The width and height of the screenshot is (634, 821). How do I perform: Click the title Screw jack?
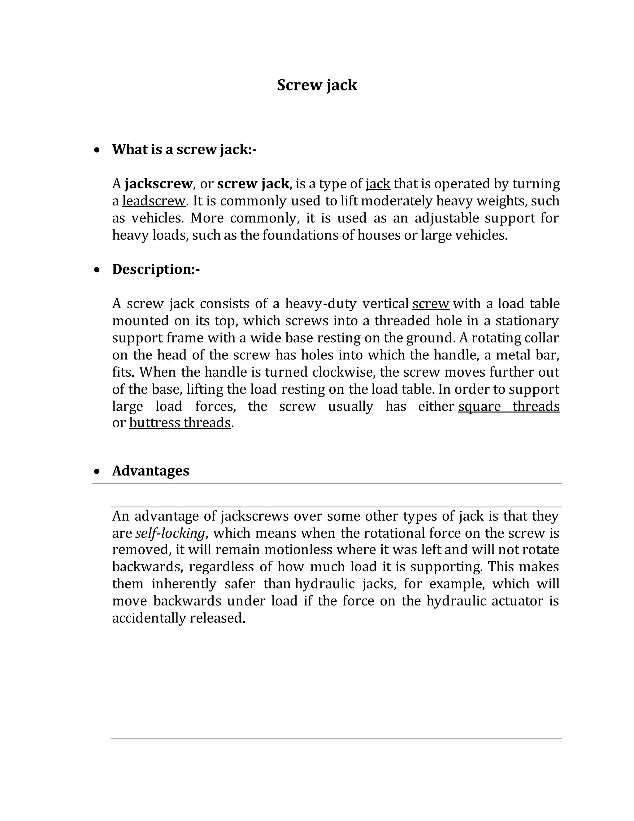click(x=317, y=85)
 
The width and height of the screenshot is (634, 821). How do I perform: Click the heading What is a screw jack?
click(x=184, y=150)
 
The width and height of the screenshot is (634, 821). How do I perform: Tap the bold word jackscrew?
click(x=158, y=184)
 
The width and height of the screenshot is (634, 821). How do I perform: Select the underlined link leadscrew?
click(x=154, y=201)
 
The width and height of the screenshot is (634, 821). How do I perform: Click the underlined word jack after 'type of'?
click(x=378, y=184)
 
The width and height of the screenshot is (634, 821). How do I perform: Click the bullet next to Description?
click(x=97, y=270)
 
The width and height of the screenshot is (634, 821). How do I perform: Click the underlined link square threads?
click(x=509, y=406)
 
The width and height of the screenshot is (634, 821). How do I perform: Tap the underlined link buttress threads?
click(x=180, y=423)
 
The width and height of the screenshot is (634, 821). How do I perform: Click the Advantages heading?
click(x=151, y=471)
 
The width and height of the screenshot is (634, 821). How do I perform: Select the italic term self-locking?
click(x=170, y=533)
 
